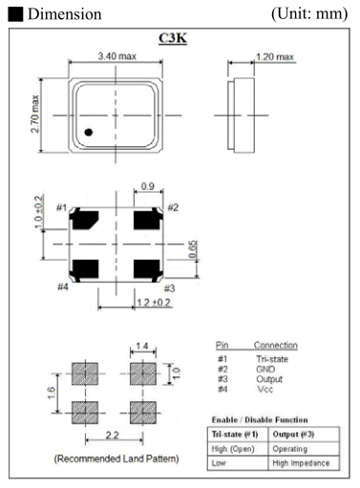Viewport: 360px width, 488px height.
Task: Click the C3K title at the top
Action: click(173, 38)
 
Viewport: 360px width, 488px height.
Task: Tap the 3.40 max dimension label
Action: click(117, 56)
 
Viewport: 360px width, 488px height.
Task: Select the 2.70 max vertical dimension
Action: click(34, 114)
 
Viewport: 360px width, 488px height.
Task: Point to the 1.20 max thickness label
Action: click(275, 57)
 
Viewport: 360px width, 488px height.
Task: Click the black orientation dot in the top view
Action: click(89, 132)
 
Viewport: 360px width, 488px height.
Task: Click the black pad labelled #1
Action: click(84, 219)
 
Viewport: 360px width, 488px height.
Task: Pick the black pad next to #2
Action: click(148, 219)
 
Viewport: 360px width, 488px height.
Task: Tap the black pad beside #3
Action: click(148, 270)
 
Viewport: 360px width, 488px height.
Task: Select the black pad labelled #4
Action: click(84, 270)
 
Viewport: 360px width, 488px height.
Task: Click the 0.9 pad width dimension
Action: click(148, 186)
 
